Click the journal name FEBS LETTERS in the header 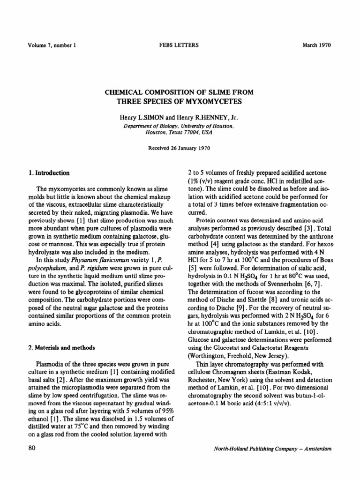pos(180,45)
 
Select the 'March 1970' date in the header pos(317,45)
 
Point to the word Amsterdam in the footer pos(318,449)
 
